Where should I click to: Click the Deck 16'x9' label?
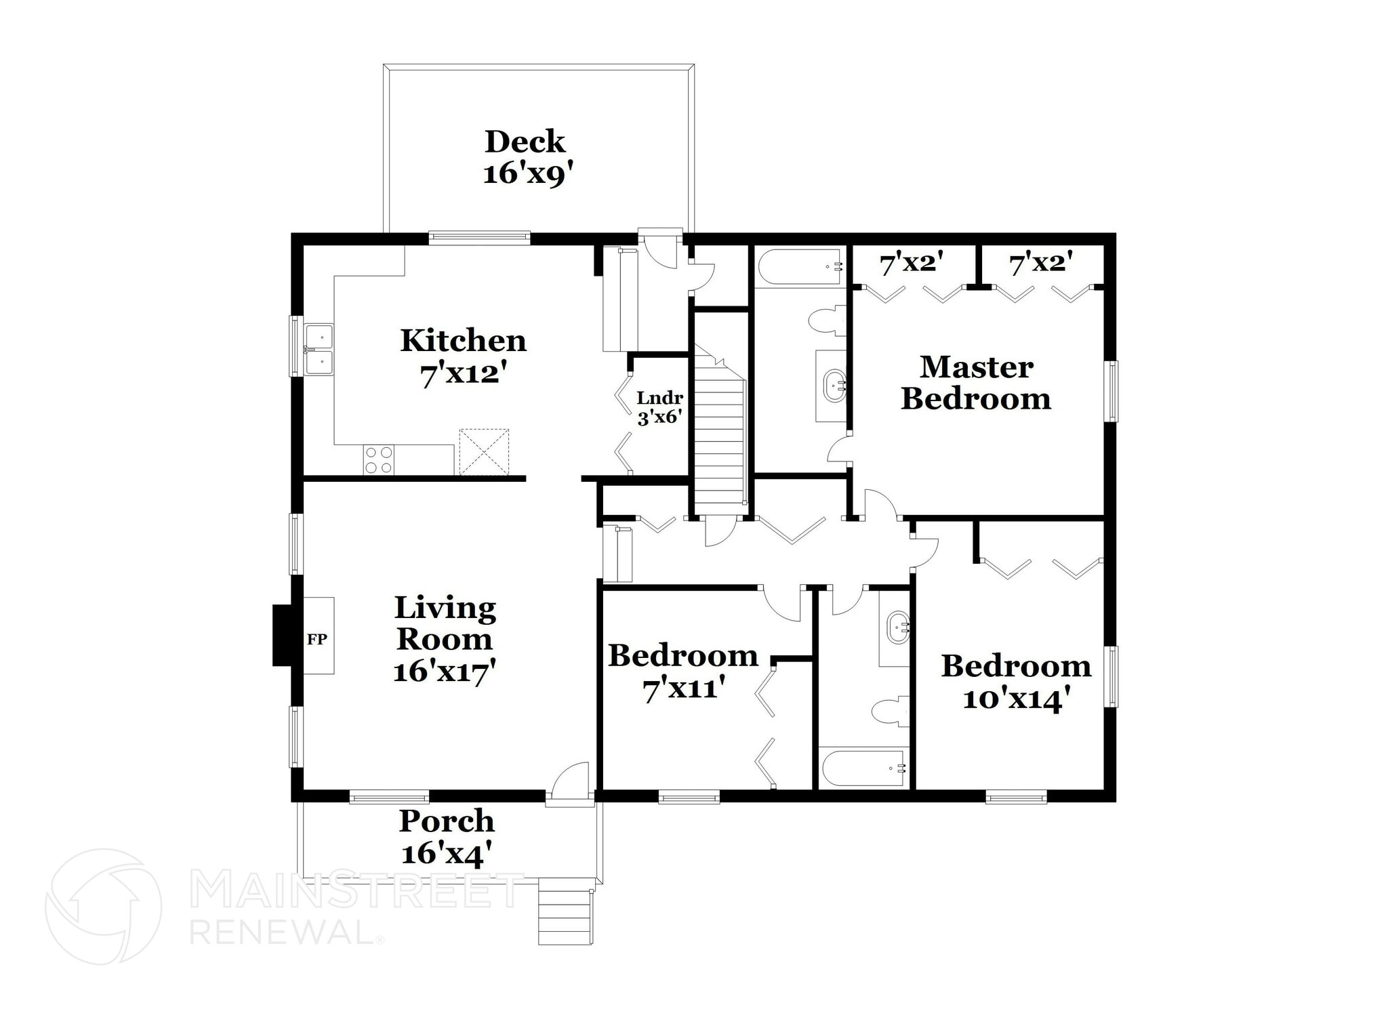click(525, 157)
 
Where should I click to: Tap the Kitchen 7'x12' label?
click(463, 357)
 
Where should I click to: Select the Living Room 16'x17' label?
click(445, 639)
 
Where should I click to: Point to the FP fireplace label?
click(317, 638)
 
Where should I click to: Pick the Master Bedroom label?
click(976, 383)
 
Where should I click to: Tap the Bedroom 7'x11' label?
click(683, 672)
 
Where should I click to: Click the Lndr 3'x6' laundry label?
click(659, 407)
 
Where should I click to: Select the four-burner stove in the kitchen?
click(378, 459)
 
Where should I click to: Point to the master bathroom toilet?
click(828, 321)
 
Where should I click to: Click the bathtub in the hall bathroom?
click(863, 768)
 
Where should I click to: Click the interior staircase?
click(720, 434)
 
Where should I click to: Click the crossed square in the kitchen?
click(484, 452)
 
